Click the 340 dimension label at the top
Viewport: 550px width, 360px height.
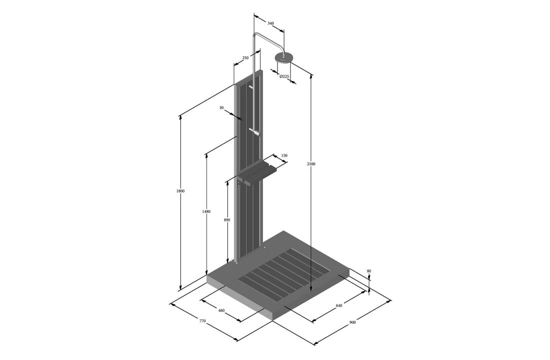270,23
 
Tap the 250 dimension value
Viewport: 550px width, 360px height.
245,58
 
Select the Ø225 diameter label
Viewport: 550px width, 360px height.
283,76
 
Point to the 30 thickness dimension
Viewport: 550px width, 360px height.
221,107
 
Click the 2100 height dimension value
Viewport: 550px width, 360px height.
311,164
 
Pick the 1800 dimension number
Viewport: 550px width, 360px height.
180,191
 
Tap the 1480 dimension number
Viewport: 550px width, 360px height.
206,211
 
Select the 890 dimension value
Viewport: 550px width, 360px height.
227,220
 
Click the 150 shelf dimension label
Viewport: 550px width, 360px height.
284,155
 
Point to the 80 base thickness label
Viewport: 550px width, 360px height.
369,271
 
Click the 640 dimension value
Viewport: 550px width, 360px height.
339,305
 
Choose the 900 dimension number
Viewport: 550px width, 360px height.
352,322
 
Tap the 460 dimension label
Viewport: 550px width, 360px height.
221,310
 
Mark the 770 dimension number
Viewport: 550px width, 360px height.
202,321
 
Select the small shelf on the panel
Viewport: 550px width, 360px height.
258,172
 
